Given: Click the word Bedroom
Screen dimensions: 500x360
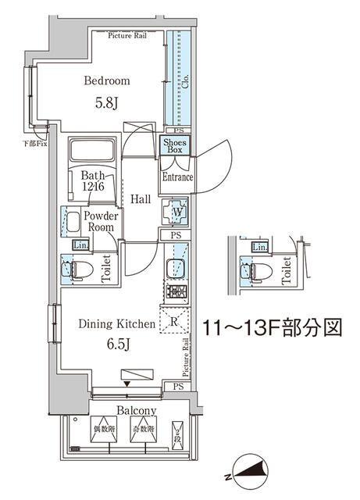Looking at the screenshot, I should point(108,80).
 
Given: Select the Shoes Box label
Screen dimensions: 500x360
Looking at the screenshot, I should point(173,145).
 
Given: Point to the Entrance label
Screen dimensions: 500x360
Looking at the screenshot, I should point(177,178).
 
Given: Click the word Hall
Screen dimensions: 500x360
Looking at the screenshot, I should point(141,199).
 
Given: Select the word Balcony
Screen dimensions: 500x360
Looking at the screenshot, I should point(137,411).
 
